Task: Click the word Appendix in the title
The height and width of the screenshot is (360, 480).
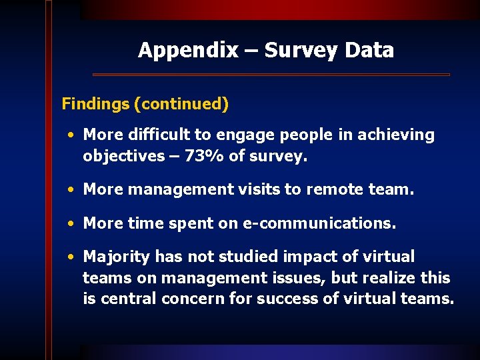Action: tap(188, 50)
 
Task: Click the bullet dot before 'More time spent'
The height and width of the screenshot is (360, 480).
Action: tap(71, 224)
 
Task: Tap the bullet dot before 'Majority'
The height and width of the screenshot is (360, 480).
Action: tap(71, 257)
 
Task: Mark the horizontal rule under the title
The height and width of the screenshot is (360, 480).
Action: tap(271, 74)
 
